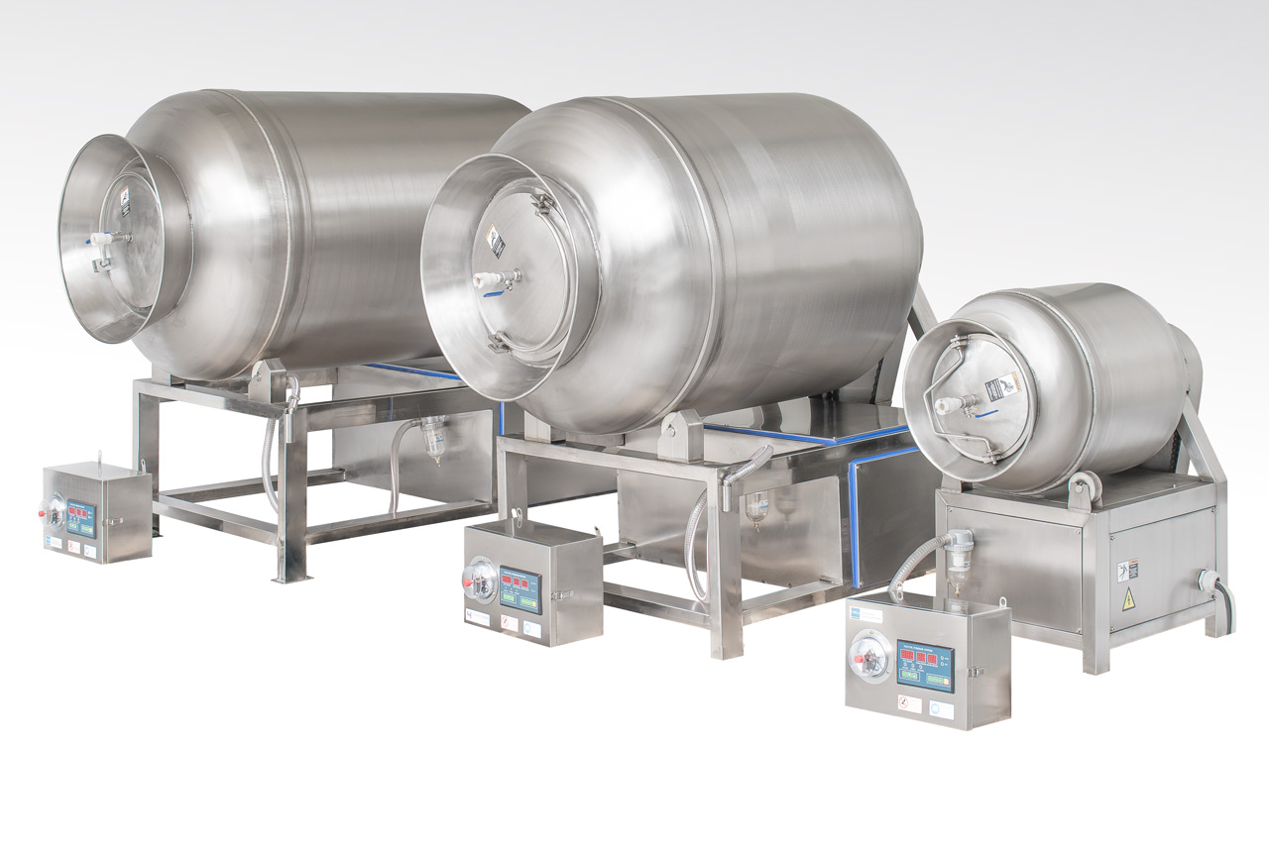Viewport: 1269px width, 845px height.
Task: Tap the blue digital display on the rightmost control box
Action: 925,663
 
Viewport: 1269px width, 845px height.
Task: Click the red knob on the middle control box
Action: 469,588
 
